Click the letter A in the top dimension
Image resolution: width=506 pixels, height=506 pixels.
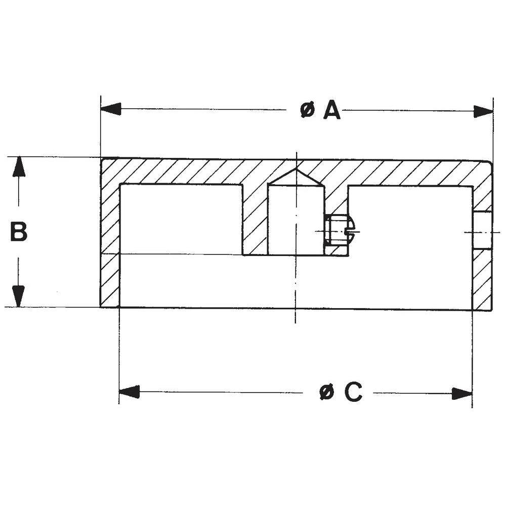pyautogui.click(x=331, y=110)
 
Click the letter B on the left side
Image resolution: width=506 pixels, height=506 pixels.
pyautogui.click(x=19, y=232)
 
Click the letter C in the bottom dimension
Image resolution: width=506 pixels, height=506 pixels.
pyautogui.click(x=353, y=392)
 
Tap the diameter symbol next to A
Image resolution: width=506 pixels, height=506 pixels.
pyautogui.click(x=307, y=110)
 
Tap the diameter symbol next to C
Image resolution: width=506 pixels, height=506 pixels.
pyautogui.click(x=328, y=392)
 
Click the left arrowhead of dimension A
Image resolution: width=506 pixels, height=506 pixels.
pyautogui.click(x=111, y=109)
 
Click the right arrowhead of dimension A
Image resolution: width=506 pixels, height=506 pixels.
pyautogui.click(x=483, y=111)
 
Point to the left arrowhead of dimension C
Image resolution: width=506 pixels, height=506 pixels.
pyautogui.click(x=129, y=392)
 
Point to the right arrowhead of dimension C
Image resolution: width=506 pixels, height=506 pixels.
pyautogui.click(x=462, y=393)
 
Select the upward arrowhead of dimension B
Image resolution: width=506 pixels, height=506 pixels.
pyautogui.click(x=19, y=166)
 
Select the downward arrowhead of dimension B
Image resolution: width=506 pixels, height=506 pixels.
pyautogui.click(x=19, y=297)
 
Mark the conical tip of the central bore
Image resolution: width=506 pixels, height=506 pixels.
pyautogui.click(x=296, y=178)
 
